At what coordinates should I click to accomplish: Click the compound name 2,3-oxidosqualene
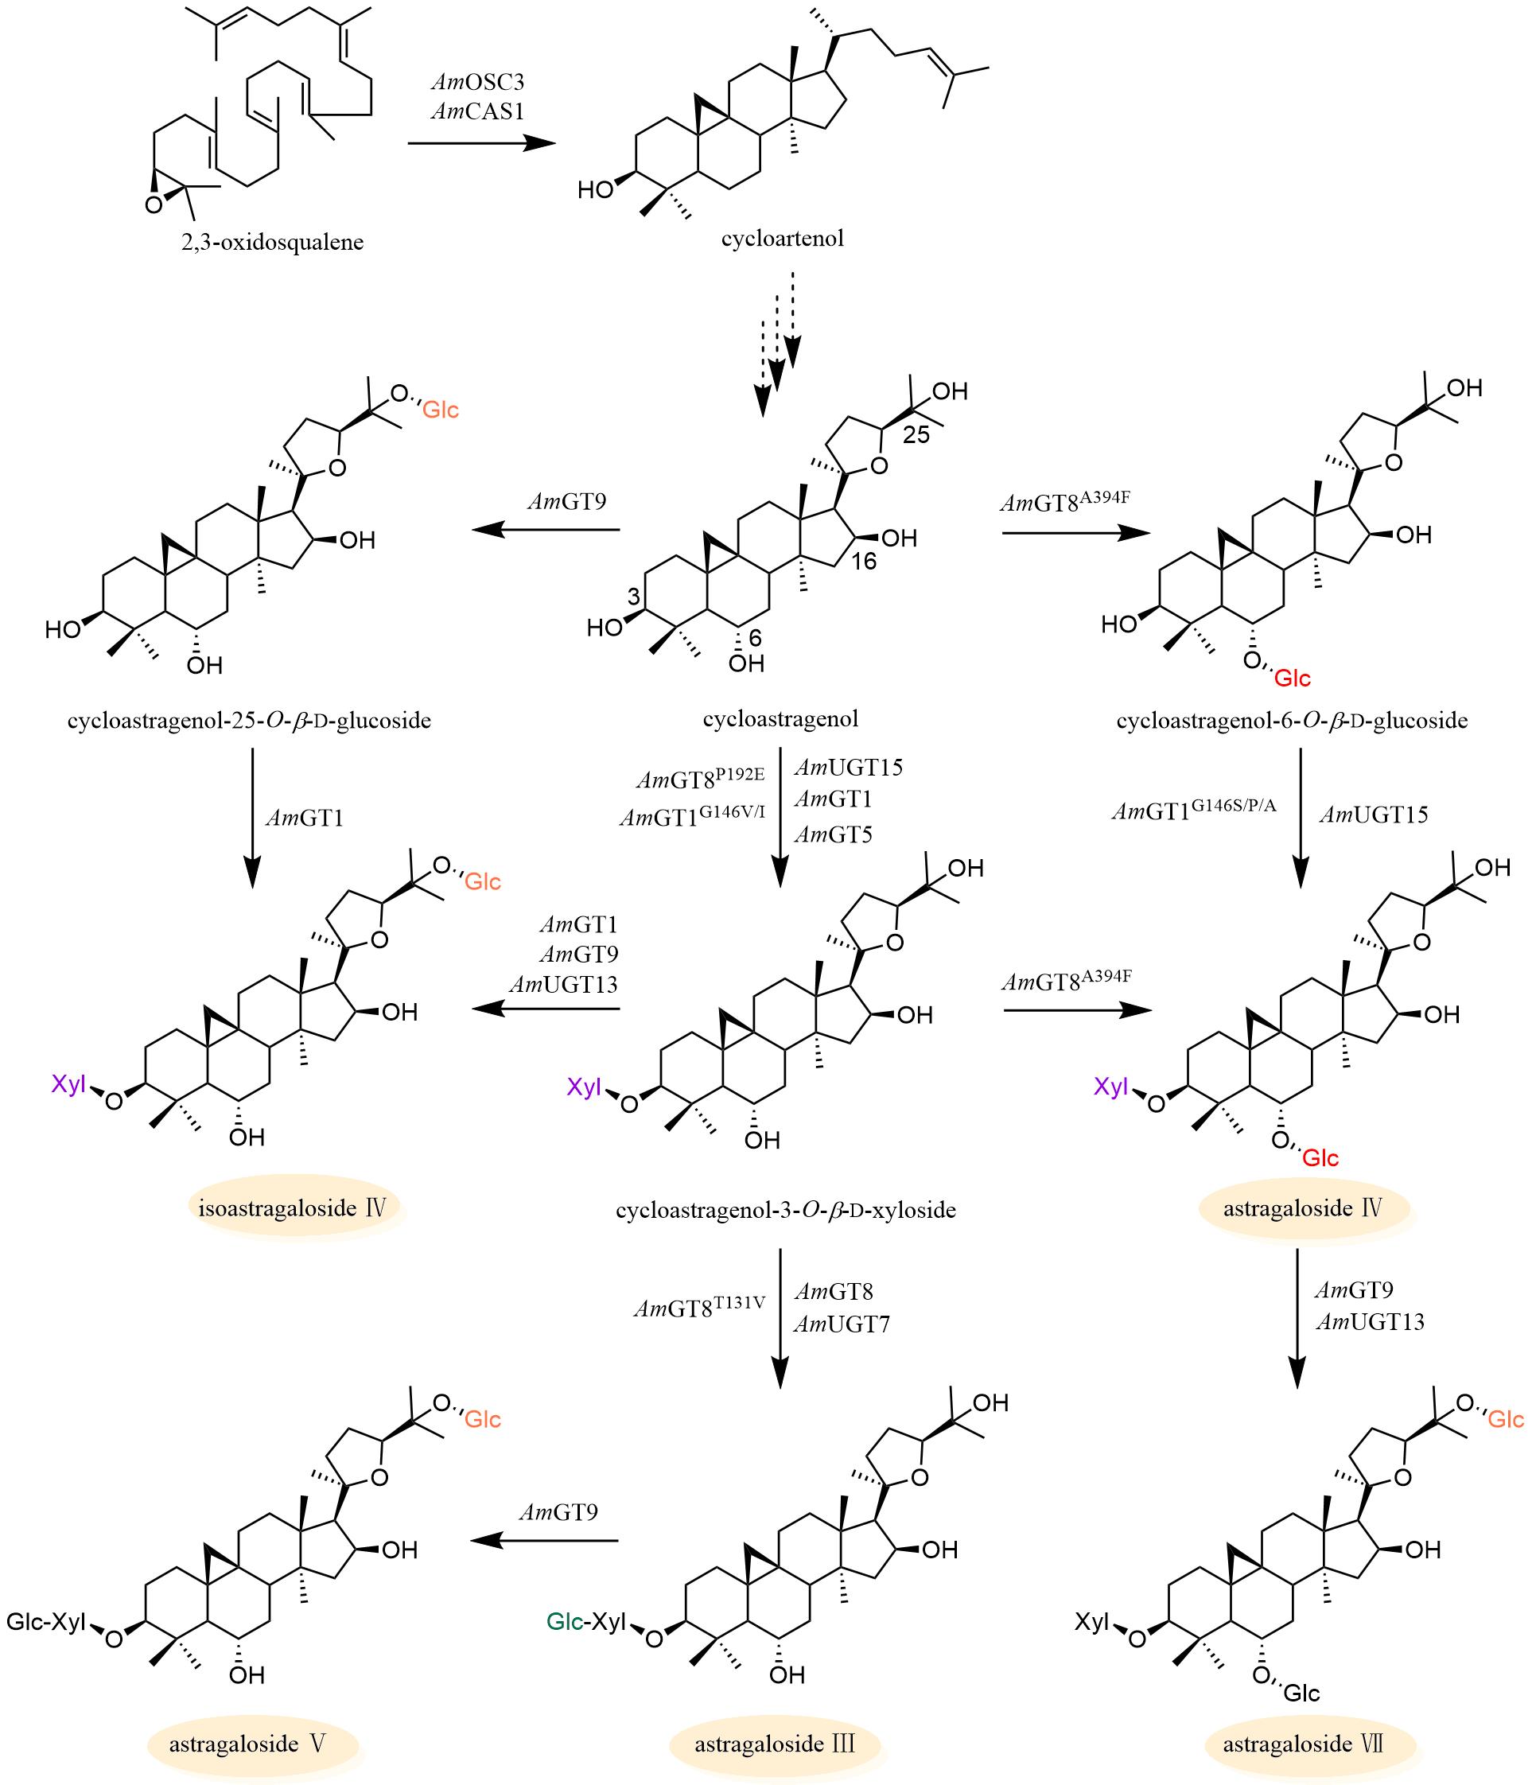[272, 242]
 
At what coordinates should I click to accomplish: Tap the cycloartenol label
[783, 239]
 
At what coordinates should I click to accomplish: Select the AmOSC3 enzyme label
[477, 83]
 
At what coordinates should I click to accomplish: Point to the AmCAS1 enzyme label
[477, 111]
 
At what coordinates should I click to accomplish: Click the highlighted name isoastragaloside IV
[292, 1207]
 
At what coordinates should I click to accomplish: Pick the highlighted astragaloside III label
[775, 1744]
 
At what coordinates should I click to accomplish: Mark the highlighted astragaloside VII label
[1303, 1744]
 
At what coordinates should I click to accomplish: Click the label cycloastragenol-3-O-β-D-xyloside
[786, 1211]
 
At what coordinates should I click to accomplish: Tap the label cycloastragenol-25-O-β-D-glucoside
[249, 720]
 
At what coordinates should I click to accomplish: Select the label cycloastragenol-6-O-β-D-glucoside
[1292, 720]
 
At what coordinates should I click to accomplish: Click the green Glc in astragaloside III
[566, 1621]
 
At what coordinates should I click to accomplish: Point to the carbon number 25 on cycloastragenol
[916, 434]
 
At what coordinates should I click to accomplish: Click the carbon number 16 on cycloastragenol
[863, 562]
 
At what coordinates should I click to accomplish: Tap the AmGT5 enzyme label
[833, 834]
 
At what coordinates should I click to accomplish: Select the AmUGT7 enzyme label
[841, 1324]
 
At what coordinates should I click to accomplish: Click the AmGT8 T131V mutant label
[700, 1308]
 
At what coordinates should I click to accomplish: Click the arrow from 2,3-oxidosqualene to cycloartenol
[480, 143]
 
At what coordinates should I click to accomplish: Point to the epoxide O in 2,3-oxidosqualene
[154, 205]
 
